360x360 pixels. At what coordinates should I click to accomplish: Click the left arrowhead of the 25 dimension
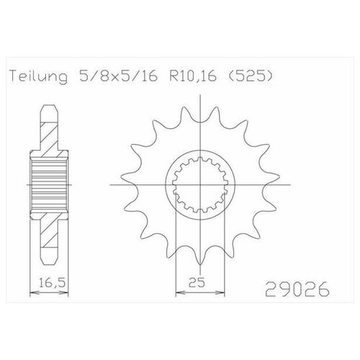click(x=178, y=292)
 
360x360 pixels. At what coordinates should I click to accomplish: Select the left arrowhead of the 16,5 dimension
click(x=31, y=292)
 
